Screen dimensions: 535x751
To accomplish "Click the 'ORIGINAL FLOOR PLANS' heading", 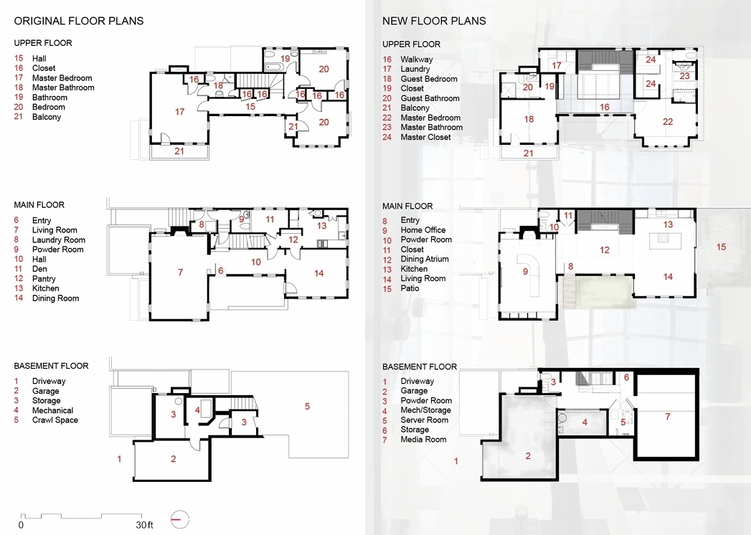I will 79,21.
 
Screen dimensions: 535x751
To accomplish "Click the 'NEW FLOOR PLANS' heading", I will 434,21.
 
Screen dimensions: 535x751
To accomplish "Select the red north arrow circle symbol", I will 179,518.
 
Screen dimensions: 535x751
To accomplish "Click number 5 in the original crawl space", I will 307,407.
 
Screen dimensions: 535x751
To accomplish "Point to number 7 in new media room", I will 667,416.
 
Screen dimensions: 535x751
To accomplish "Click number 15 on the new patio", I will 722,247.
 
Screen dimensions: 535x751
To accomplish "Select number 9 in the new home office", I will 525,272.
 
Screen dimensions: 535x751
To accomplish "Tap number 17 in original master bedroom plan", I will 180,112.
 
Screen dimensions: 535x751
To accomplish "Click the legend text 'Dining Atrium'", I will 424,259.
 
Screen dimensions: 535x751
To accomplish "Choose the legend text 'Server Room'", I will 424,420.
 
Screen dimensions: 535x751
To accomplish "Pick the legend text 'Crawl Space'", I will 55,420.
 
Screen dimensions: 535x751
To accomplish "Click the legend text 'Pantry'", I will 44,279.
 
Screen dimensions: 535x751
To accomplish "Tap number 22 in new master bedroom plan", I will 668,122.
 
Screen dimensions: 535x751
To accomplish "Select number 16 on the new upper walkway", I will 604,107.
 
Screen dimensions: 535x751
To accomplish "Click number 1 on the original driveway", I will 120,458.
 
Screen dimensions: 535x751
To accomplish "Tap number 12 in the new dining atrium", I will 604,250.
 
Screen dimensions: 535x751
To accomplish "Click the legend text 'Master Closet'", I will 425,137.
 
